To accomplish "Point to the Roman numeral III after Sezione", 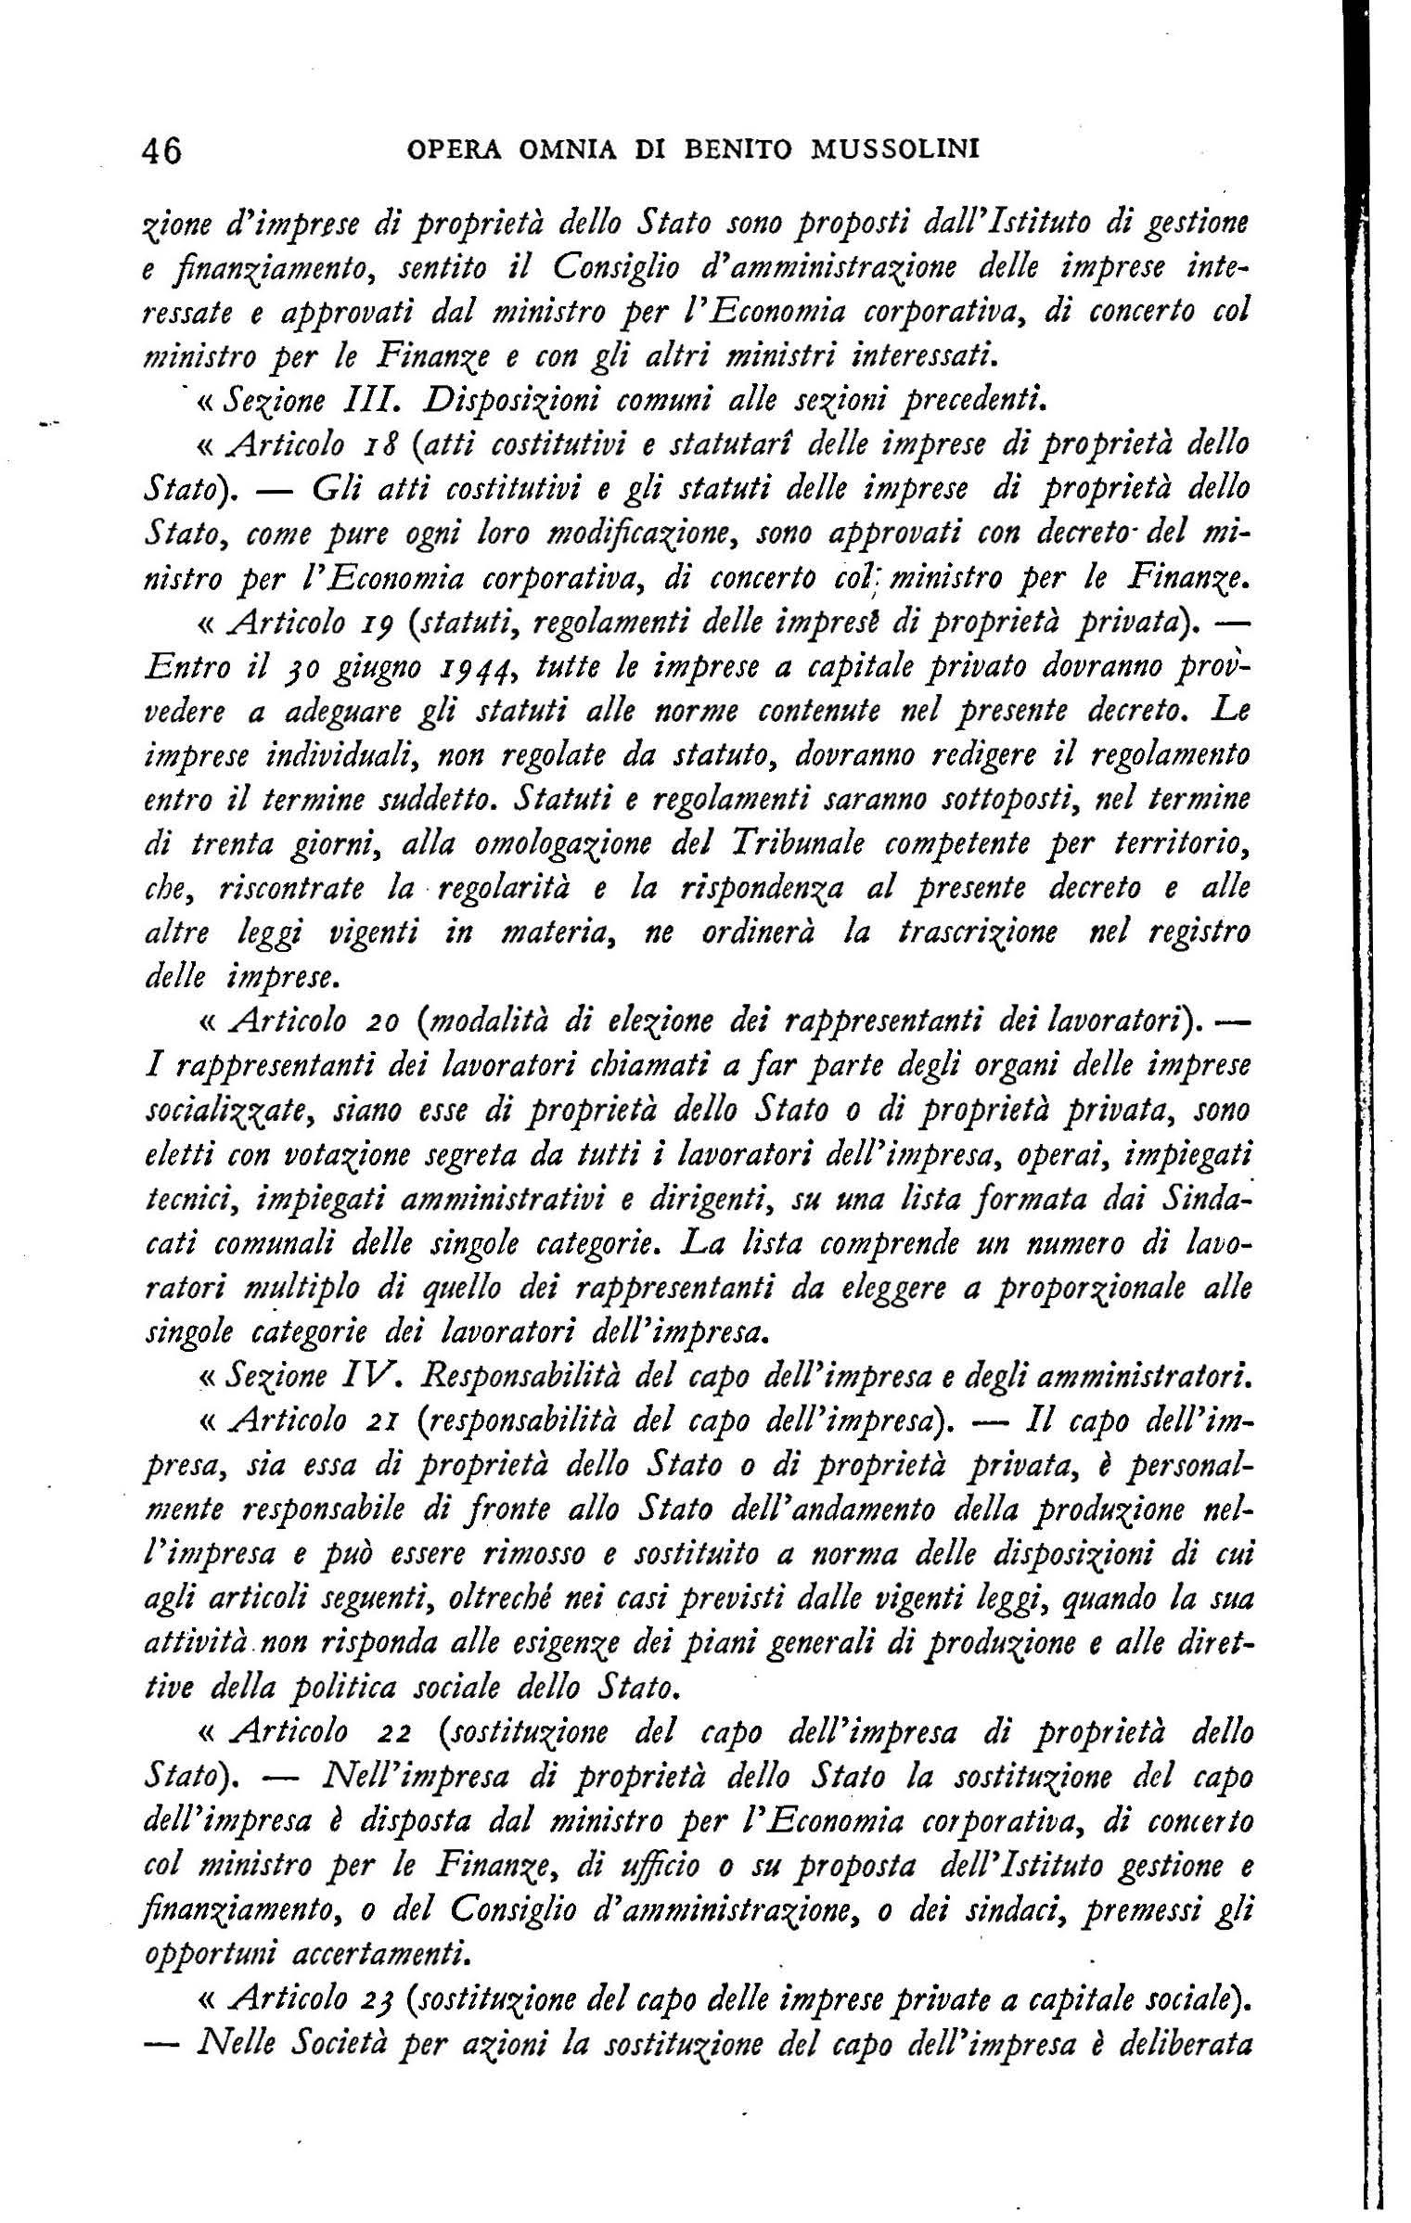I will point(375,402).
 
